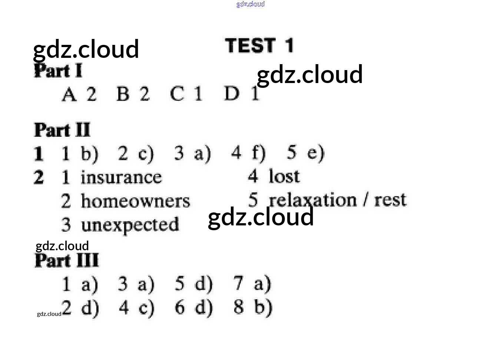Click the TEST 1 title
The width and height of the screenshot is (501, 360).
pos(259,46)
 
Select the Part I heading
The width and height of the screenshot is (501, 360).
pos(58,71)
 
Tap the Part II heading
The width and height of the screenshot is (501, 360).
pos(62,130)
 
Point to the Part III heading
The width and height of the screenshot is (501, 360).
pos(67,261)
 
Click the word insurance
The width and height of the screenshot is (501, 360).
pos(121,178)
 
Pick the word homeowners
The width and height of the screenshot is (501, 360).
pos(135,201)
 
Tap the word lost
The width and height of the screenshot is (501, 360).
pos(284,176)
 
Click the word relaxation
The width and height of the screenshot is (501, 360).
pos(313,200)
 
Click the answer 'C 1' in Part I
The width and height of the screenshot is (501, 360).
pos(186,93)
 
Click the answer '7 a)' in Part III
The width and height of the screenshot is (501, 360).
pos(252,284)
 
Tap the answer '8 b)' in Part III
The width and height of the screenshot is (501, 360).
pos(253,307)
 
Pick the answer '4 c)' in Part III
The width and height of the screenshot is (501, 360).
pos(136,308)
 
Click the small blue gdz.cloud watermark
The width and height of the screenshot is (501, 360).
pos(250,4)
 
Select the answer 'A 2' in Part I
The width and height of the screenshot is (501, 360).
pos(79,94)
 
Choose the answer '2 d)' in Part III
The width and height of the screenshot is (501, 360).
pos(80,308)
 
